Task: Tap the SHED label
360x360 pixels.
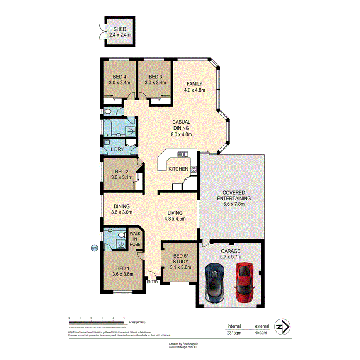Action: (x=120, y=29)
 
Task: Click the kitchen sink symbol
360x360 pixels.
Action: (x=182, y=155)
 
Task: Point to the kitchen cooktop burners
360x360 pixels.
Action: (x=193, y=169)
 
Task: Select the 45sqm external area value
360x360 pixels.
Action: (x=261, y=333)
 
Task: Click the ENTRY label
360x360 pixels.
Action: (x=153, y=282)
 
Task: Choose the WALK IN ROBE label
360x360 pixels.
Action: (x=135, y=239)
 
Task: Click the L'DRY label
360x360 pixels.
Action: (x=117, y=149)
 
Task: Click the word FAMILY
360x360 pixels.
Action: (x=194, y=84)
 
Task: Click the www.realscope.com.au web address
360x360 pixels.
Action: (x=183, y=347)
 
